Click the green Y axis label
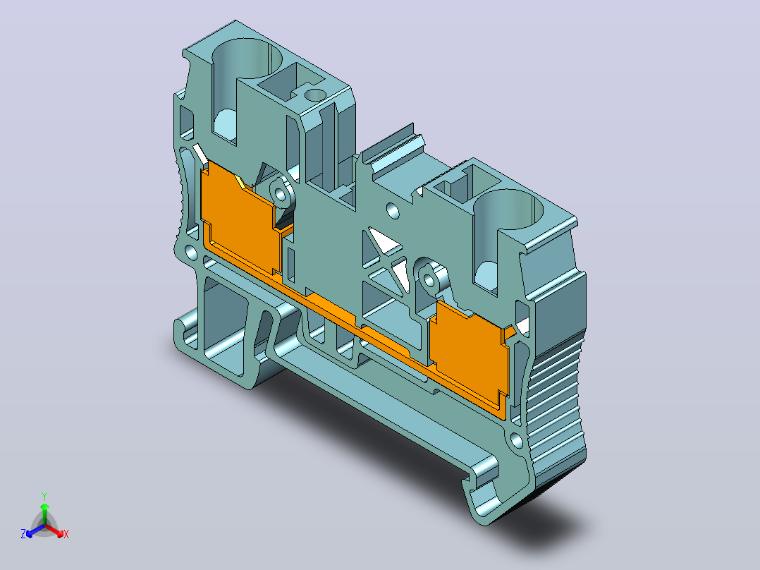coord(44,496)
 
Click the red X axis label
coord(66,534)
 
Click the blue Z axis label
coord(23,534)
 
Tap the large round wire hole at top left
coord(247,59)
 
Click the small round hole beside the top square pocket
coord(315,95)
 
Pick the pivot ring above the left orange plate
coord(280,193)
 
